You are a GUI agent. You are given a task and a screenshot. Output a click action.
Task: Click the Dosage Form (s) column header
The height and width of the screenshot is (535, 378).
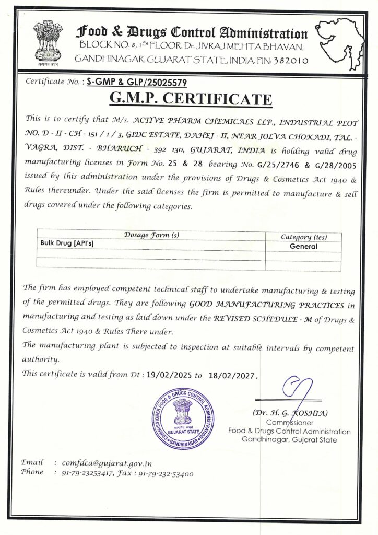click(151, 235)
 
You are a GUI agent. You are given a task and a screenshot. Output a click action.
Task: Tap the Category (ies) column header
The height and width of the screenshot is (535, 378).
click(303, 237)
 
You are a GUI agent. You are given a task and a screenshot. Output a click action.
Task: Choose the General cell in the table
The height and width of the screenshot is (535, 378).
click(303, 246)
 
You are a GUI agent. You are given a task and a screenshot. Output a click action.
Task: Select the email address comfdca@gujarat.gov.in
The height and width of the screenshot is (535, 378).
click(107, 463)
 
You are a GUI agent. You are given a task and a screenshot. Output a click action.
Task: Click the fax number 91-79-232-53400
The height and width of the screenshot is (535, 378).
click(166, 474)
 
